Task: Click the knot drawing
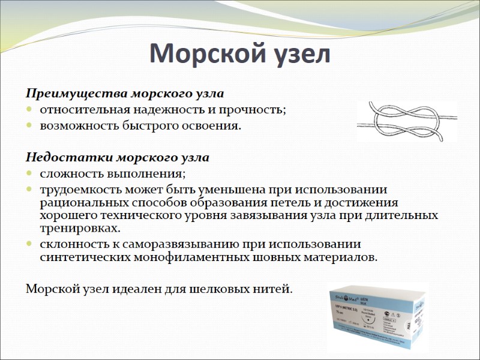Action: (406, 122)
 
